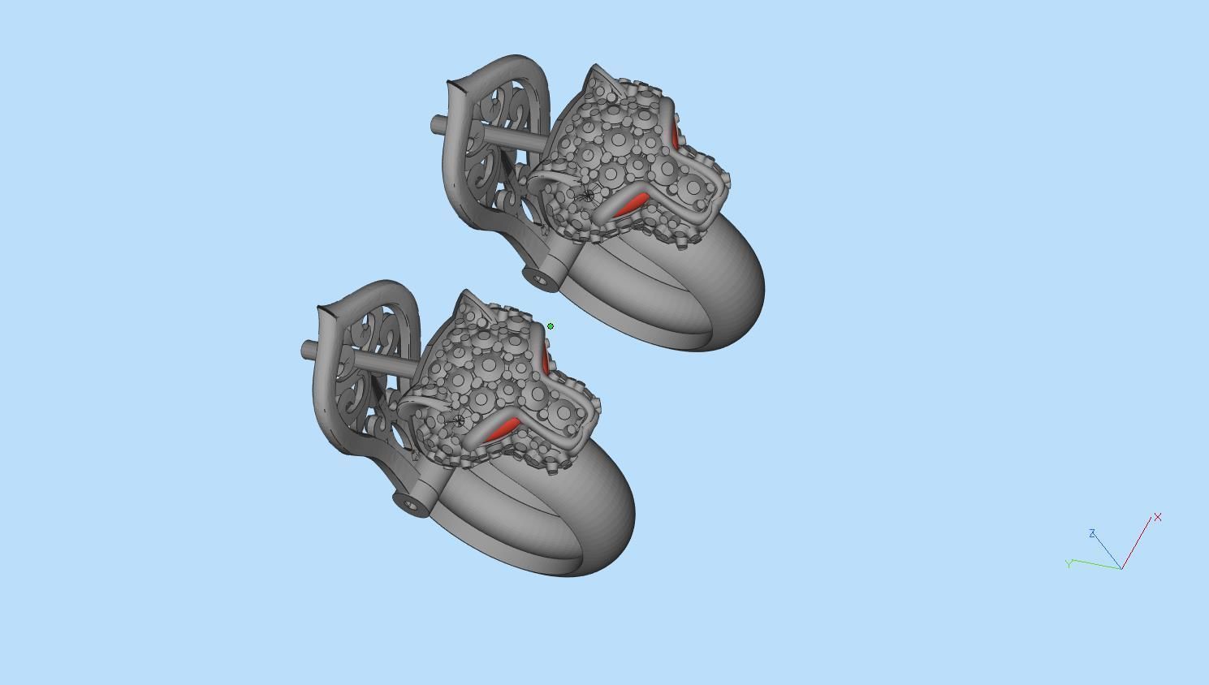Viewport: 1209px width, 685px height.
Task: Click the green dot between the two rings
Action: pyautogui.click(x=550, y=325)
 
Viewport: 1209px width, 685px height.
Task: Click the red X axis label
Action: pyautogui.click(x=1157, y=517)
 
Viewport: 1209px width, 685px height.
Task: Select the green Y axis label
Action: pyautogui.click(x=1069, y=563)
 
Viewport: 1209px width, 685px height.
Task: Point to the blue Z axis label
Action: pyautogui.click(x=1092, y=533)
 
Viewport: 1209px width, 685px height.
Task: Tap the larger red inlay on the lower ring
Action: pyautogui.click(x=500, y=430)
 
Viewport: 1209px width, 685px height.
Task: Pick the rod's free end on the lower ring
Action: pyautogui.click(x=306, y=351)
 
